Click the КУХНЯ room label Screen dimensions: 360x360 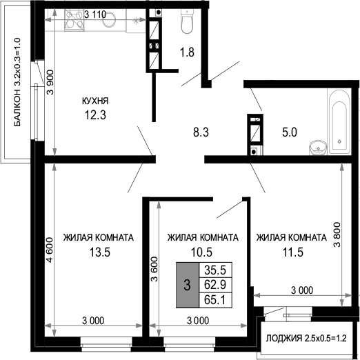95,101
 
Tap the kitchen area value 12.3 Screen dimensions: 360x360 95,115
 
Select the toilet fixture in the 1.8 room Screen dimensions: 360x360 188,21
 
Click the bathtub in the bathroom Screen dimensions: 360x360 339,121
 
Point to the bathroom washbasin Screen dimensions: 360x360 318,148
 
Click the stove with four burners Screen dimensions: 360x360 74,20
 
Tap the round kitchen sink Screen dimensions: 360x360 109,19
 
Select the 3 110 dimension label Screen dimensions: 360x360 95,14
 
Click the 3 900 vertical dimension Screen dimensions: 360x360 50,82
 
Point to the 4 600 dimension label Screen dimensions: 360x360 50,250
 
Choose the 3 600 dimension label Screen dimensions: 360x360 154,269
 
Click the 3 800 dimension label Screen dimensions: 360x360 337,234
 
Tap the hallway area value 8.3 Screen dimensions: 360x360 201,132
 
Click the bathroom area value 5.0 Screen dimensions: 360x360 290,132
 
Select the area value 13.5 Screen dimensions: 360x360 100,252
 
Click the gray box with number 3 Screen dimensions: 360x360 188,285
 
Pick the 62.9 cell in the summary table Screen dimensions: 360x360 215,285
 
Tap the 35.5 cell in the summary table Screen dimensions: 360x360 215,270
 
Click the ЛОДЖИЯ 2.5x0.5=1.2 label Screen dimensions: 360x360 306,338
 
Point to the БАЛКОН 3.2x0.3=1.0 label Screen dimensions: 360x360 17,82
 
